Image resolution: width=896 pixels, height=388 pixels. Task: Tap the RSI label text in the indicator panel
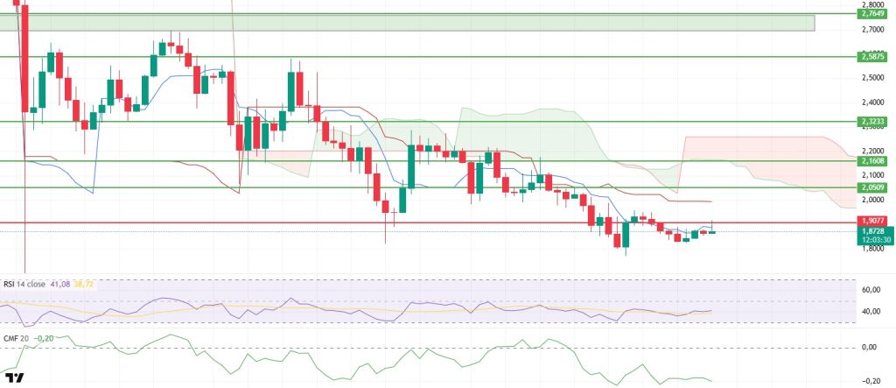(x=10, y=284)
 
